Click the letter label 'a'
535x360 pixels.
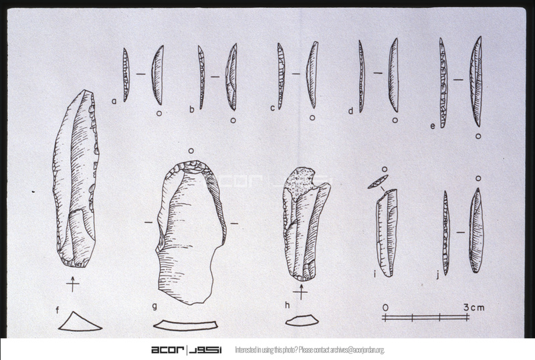tap(114, 101)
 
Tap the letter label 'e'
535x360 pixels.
tap(433, 126)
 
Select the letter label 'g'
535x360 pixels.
tap(154, 306)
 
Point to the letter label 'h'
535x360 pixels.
tap(288, 304)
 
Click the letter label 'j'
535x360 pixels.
tap(438, 274)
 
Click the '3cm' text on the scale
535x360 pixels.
tap(474, 307)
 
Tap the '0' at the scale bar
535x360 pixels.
tap(385, 308)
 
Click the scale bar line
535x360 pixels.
tap(425, 318)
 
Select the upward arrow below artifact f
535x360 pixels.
tap(73, 284)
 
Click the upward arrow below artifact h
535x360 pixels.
tap(301, 291)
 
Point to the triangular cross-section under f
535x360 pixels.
tap(80, 322)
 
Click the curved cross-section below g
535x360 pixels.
tap(186, 325)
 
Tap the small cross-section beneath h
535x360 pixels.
tap(302, 321)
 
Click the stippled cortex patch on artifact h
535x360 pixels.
tap(300, 182)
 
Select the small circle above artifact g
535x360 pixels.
tap(191, 151)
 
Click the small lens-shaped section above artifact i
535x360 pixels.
tap(378, 182)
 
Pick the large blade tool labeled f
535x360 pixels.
tap(76, 178)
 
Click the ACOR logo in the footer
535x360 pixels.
tap(187, 350)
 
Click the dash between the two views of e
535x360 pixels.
tap(458, 80)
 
